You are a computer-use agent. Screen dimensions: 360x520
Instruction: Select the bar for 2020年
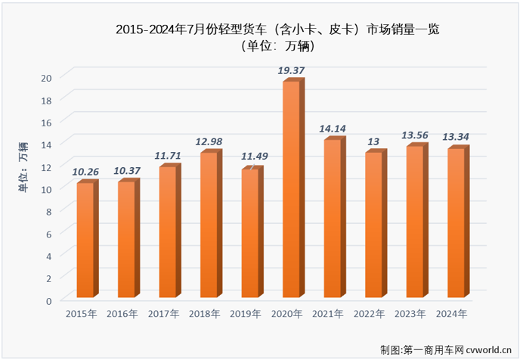[x=292, y=189]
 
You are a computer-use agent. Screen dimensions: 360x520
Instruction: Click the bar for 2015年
[x=85, y=240]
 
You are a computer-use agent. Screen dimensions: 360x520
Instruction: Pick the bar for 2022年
[x=374, y=225]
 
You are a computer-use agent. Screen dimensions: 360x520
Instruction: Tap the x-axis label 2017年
[x=163, y=314]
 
